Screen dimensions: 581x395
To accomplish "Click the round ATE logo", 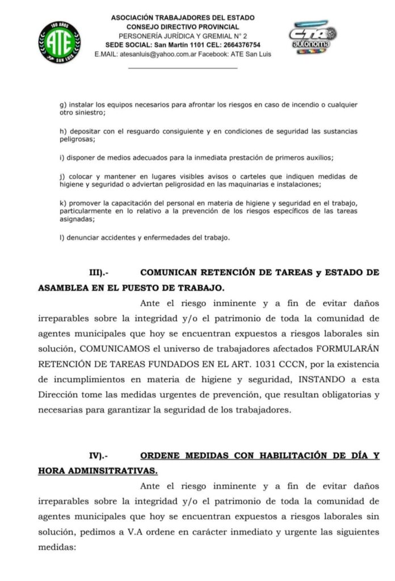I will [60, 41].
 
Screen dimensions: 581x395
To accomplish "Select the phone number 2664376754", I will [241, 45].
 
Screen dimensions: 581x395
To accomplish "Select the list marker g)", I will [63, 105].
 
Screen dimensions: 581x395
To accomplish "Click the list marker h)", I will [63, 132].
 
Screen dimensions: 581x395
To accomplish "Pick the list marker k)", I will [63, 203].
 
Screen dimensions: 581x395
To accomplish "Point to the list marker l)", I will [62, 238].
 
